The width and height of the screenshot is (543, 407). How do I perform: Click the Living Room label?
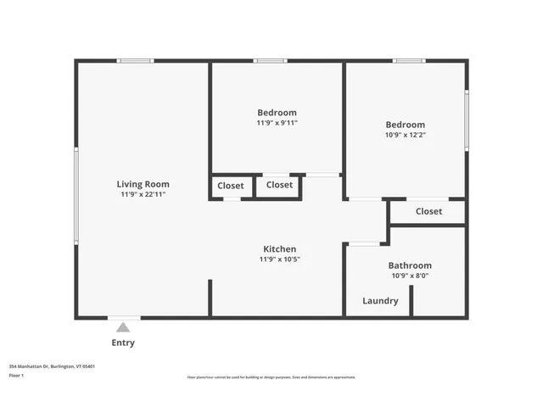click(x=143, y=184)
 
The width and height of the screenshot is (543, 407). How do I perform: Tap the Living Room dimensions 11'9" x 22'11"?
click(x=143, y=194)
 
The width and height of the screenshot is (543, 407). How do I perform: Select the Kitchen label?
click(x=279, y=249)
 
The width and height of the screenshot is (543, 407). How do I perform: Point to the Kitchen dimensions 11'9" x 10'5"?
click(x=279, y=259)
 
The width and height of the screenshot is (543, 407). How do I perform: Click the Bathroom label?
click(x=410, y=265)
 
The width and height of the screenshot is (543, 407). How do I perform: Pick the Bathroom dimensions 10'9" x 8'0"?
click(x=410, y=276)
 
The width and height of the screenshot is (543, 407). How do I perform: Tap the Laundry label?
click(x=380, y=301)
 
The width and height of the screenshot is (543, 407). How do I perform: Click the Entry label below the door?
click(x=123, y=343)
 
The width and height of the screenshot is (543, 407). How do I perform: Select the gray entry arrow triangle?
click(x=123, y=327)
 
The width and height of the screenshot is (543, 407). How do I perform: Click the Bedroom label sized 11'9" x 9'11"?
click(x=277, y=113)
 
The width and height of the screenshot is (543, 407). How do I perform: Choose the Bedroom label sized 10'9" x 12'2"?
click(x=405, y=125)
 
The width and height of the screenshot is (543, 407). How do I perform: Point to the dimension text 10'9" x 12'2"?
click(x=405, y=135)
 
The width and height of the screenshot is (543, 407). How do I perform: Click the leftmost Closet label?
click(x=231, y=186)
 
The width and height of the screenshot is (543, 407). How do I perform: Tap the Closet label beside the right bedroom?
click(x=428, y=211)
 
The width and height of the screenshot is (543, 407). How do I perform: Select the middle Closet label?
click(x=279, y=185)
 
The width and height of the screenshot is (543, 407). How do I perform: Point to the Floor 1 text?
click(x=16, y=375)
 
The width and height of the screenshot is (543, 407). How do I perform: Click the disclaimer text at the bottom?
click(x=271, y=377)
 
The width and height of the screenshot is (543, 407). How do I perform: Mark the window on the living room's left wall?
click(x=76, y=197)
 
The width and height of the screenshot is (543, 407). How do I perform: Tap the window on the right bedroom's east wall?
click(x=466, y=120)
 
